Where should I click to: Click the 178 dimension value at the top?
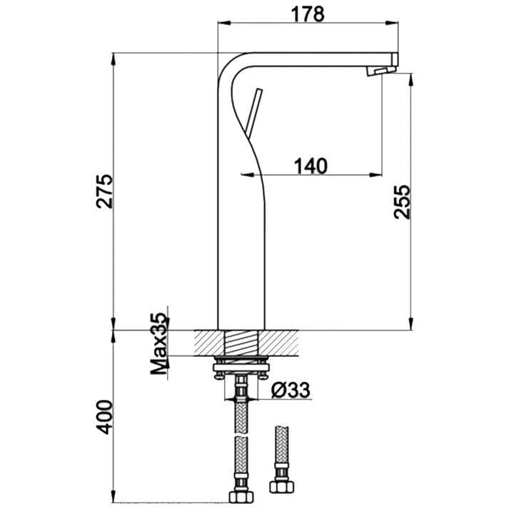pos(308,12)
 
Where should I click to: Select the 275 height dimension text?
pos(105,191)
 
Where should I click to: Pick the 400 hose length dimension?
pos(105,416)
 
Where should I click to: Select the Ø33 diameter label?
pos(290,390)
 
